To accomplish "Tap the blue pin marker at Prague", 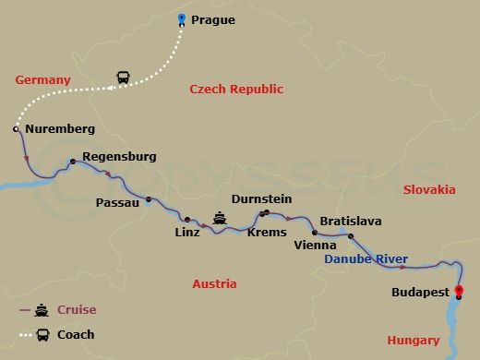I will (x=182, y=19).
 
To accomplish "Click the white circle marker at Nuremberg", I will (x=17, y=129).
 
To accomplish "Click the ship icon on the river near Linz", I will (x=220, y=218).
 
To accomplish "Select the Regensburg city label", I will (x=119, y=157).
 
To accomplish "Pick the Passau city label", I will (x=117, y=201).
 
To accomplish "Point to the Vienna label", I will (x=313, y=246).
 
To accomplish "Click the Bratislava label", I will (x=350, y=221).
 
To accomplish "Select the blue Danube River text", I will (x=366, y=260).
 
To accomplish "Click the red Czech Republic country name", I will (x=236, y=90).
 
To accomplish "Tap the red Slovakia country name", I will (x=429, y=189).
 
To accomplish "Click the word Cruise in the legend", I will (x=78, y=309).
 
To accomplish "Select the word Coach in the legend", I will (x=76, y=334).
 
